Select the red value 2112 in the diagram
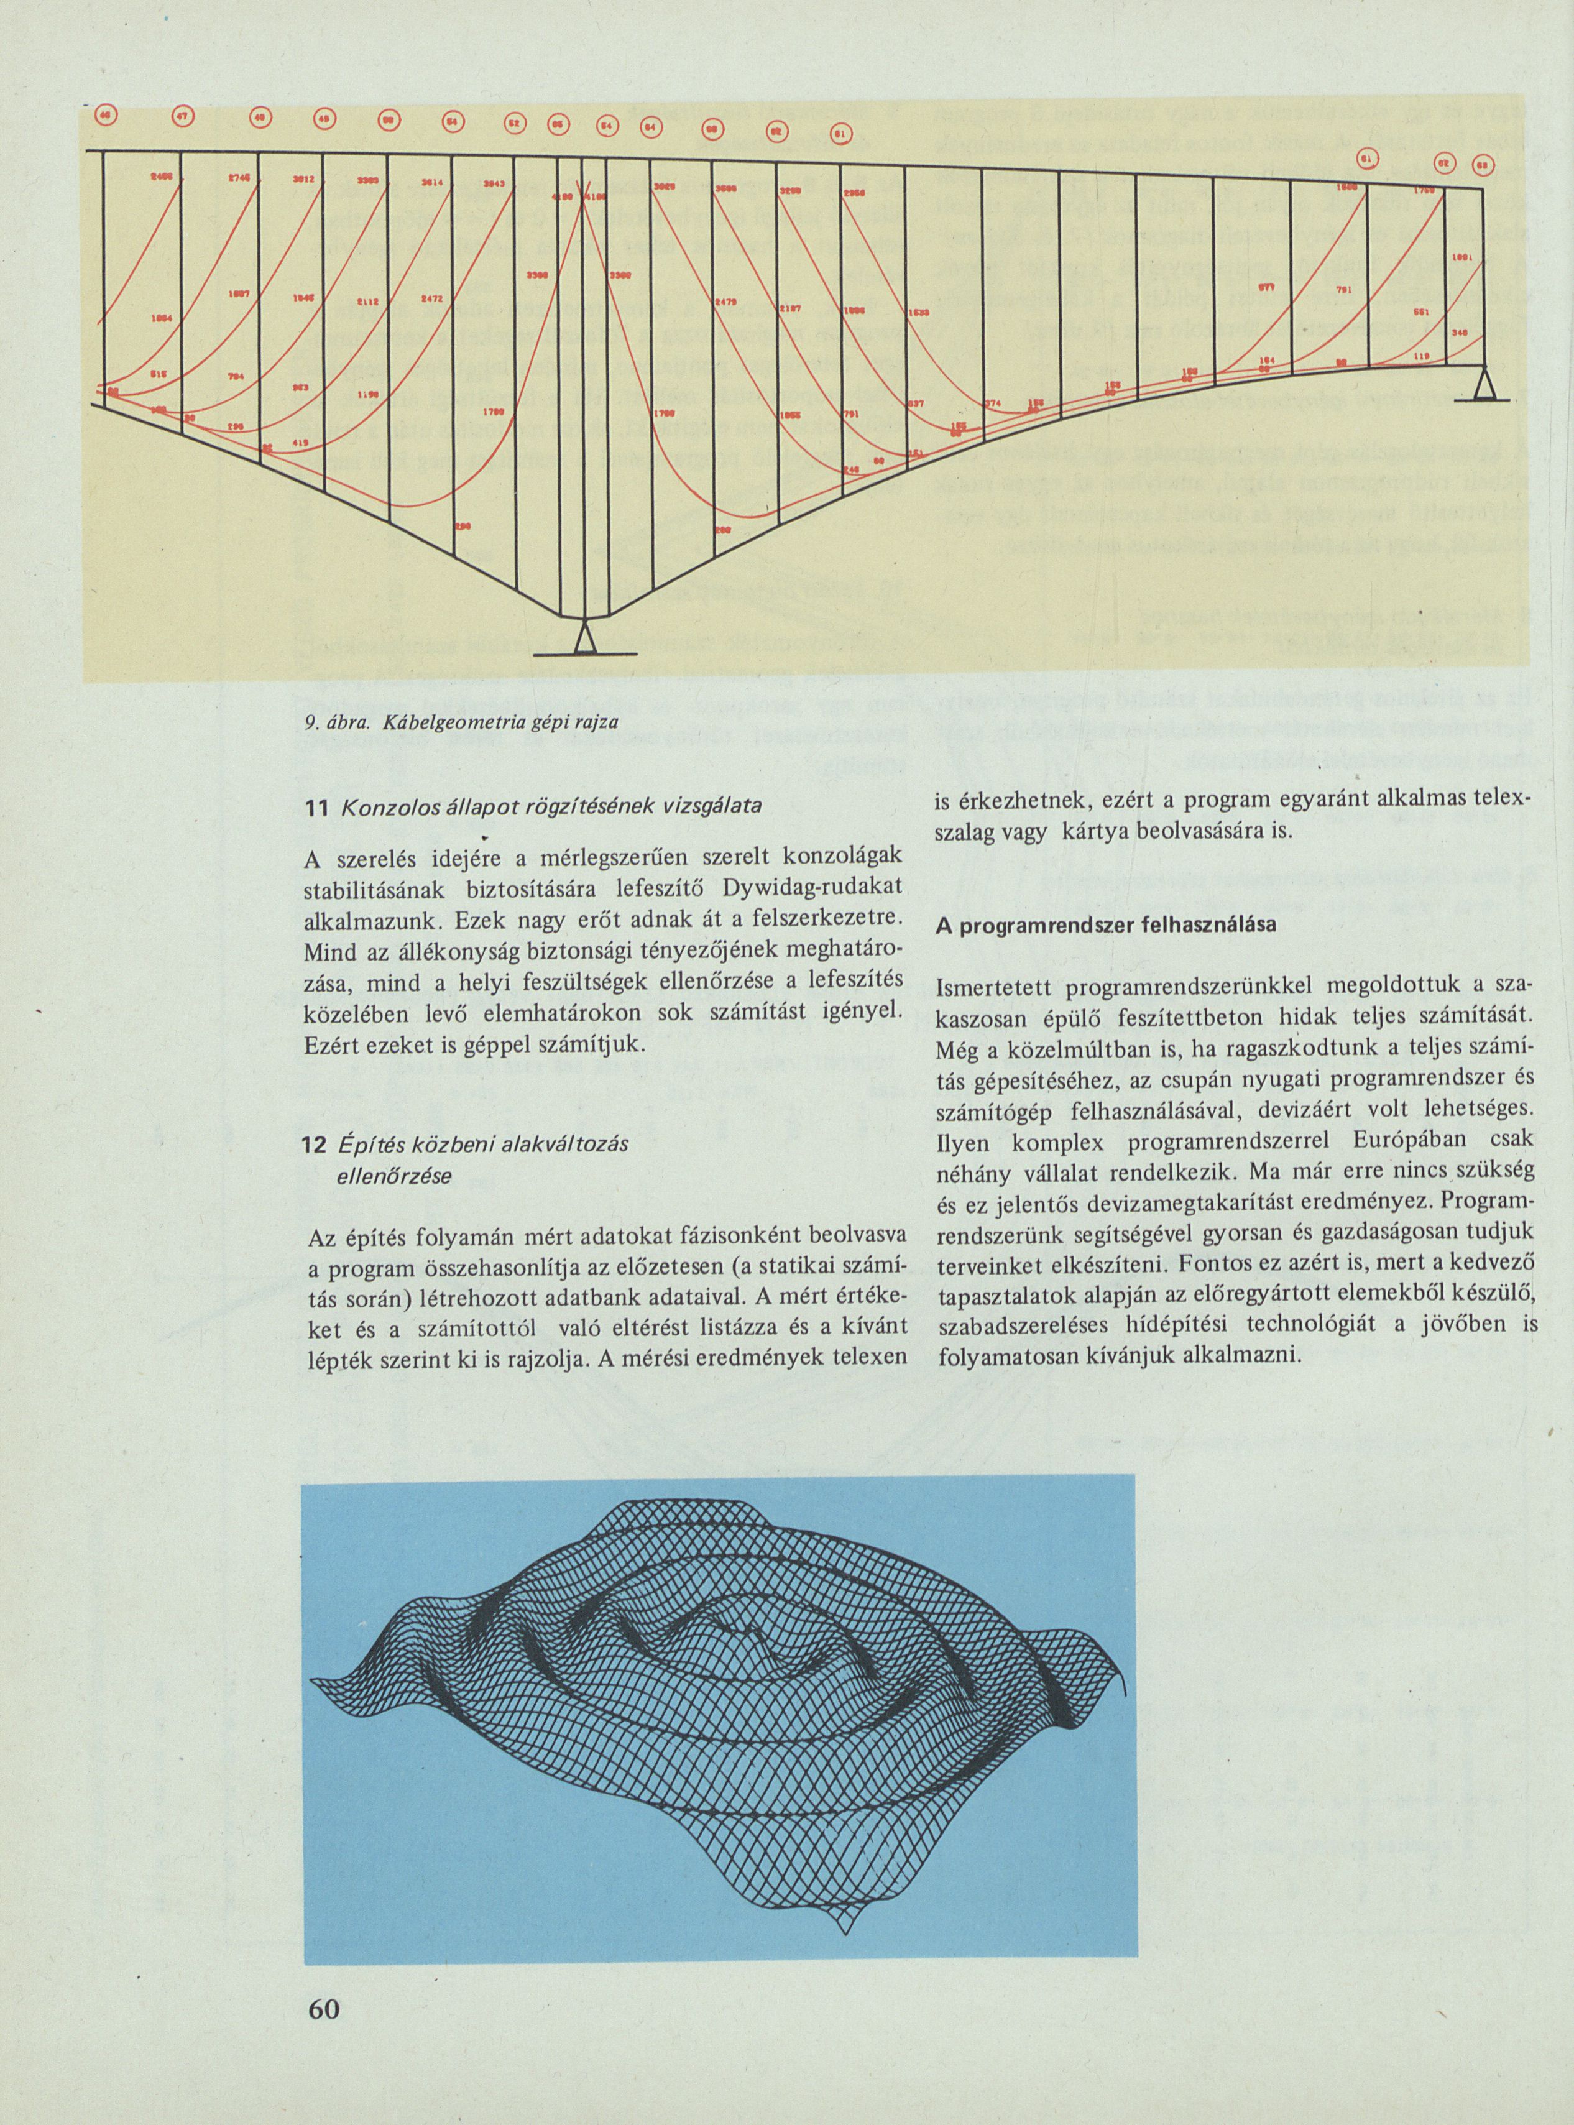(369, 302)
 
